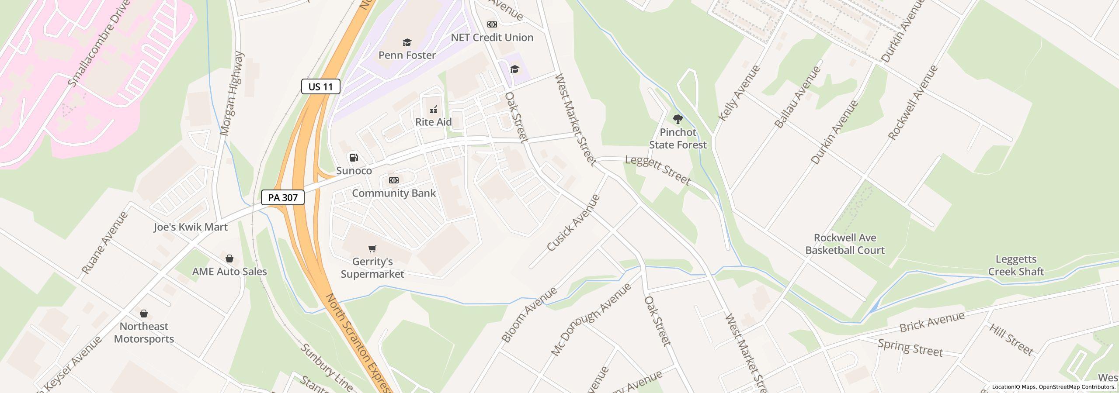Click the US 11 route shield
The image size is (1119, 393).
320,86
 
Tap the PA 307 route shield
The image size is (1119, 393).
282,197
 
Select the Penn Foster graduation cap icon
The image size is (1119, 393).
407,42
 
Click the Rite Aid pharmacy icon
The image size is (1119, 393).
434,109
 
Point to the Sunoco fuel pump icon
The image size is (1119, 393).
354,158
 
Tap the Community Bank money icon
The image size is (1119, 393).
393,180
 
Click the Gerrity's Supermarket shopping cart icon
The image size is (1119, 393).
372,249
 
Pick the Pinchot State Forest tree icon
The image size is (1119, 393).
678,119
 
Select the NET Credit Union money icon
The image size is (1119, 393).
492,24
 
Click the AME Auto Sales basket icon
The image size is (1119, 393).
229,259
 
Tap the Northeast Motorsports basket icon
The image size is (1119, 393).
143,314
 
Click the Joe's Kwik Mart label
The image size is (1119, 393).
191,227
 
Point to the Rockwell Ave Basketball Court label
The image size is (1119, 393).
845,244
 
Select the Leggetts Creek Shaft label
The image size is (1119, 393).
1016,265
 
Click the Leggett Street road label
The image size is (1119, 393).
658,170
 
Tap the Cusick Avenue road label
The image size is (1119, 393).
573,223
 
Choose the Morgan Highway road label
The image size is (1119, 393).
232,93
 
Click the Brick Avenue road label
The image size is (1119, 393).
932,322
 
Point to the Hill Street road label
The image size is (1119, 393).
1011,340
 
